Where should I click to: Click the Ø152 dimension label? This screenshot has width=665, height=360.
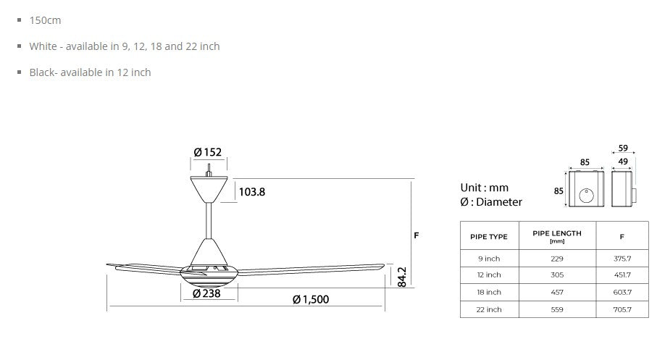click(208, 152)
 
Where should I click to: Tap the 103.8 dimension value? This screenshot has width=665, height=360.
click(251, 192)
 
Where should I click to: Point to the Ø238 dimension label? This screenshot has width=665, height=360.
click(207, 293)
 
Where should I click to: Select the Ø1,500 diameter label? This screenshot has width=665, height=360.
click(310, 299)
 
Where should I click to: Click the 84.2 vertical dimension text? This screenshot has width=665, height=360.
click(402, 277)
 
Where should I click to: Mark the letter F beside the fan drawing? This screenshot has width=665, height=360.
click(417, 235)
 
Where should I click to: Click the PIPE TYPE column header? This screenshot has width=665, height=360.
click(489, 237)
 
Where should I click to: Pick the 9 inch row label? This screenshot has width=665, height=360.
click(489, 259)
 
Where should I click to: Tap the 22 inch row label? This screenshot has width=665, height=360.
click(489, 309)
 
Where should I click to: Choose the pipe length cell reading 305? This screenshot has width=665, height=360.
click(556, 275)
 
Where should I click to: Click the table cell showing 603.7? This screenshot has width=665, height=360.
click(622, 293)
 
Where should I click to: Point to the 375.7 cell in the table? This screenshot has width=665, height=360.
click(622, 259)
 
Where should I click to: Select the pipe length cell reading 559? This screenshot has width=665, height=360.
click(556, 309)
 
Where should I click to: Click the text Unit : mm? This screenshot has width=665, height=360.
click(485, 188)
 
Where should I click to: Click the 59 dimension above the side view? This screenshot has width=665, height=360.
click(623, 148)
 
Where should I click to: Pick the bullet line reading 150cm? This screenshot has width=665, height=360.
click(45, 20)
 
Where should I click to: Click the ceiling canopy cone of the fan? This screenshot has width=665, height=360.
click(209, 190)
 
